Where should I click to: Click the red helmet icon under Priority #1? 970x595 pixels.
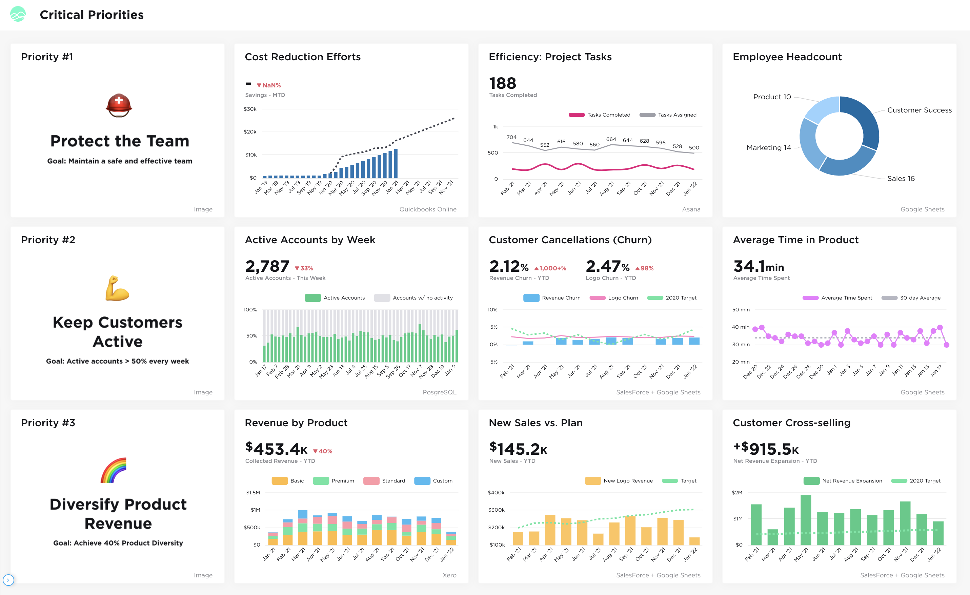coord(119,105)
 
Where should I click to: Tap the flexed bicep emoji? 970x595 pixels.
coord(117,288)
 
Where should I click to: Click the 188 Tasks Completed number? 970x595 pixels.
coord(502,83)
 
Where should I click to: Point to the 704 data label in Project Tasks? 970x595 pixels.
coord(511,137)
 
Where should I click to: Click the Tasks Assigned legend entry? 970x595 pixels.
coord(668,115)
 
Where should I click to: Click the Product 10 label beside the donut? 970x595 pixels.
coord(772,97)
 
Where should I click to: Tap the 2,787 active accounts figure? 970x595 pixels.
coord(267,266)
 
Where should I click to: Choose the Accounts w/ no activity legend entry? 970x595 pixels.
coord(413,298)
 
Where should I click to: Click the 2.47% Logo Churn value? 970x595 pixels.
coord(607,266)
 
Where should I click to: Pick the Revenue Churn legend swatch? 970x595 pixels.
coord(531,298)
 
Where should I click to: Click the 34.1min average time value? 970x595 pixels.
coord(758,266)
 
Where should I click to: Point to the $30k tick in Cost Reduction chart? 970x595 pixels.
coord(250,109)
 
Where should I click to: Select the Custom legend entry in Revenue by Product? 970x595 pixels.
coord(433,481)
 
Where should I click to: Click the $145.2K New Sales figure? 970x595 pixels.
coord(518,449)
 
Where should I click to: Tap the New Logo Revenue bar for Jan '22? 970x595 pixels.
coord(694,541)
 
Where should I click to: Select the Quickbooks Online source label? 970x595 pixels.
coord(427,209)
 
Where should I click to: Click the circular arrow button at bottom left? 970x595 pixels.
coord(8,580)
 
